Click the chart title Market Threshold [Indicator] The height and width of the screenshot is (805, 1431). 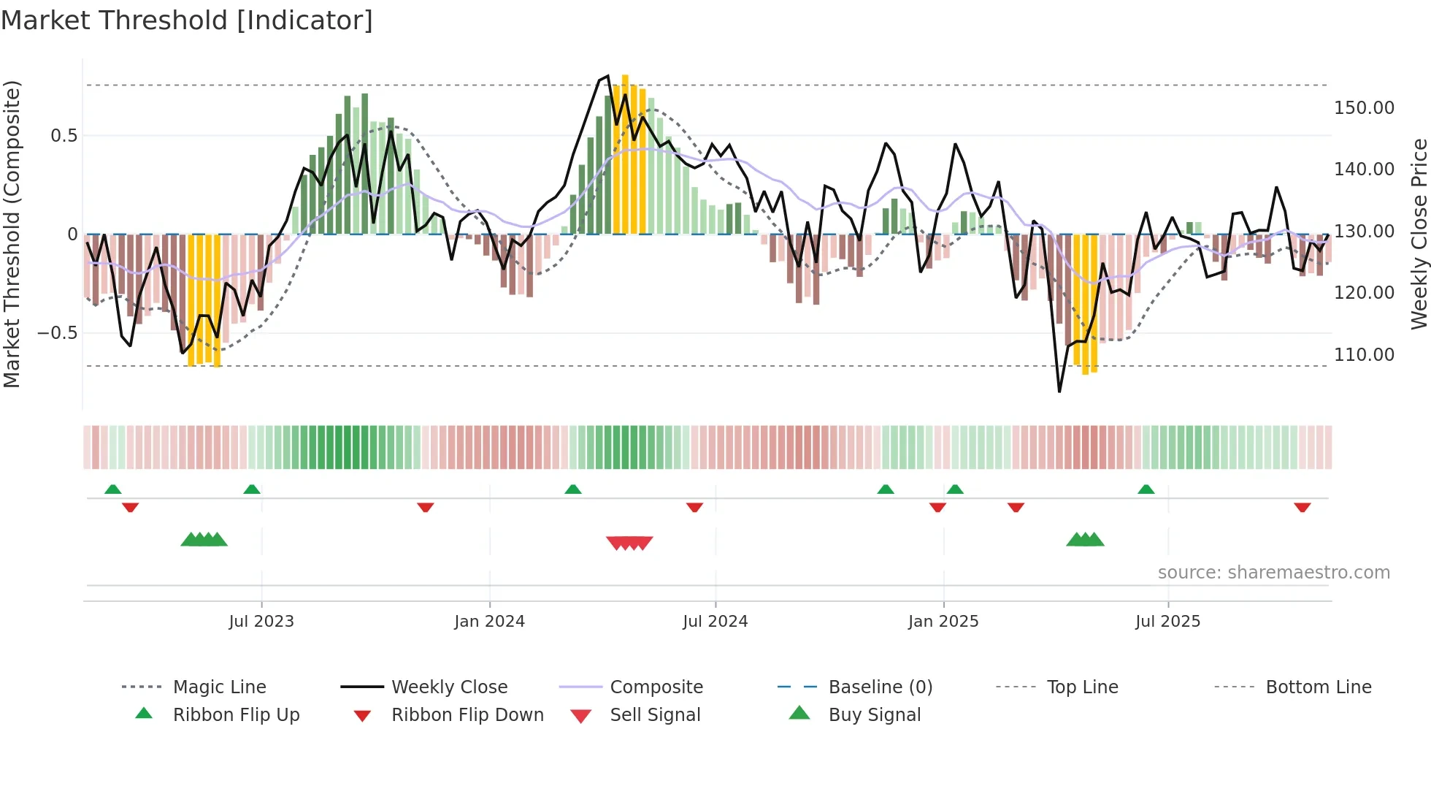(x=187, y=20)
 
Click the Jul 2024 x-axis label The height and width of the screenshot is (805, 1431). (x=715, y=622)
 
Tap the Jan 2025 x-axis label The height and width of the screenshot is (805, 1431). (x=943, y=622)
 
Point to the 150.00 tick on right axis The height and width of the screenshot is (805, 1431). (x=1363, y=108)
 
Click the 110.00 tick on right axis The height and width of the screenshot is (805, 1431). (x=1363, y=355)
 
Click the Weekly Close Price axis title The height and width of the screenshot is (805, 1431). (x=1419, y=234)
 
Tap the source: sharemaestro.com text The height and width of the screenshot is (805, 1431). (x=1273, y=573)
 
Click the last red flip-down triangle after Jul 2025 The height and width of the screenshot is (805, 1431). (x=1302, y=507)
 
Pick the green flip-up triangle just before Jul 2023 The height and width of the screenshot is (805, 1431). (x=252, y=489)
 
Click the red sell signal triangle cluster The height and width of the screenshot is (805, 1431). (x=629, y=543)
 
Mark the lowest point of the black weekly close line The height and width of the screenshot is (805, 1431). (x=1059, y=392)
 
